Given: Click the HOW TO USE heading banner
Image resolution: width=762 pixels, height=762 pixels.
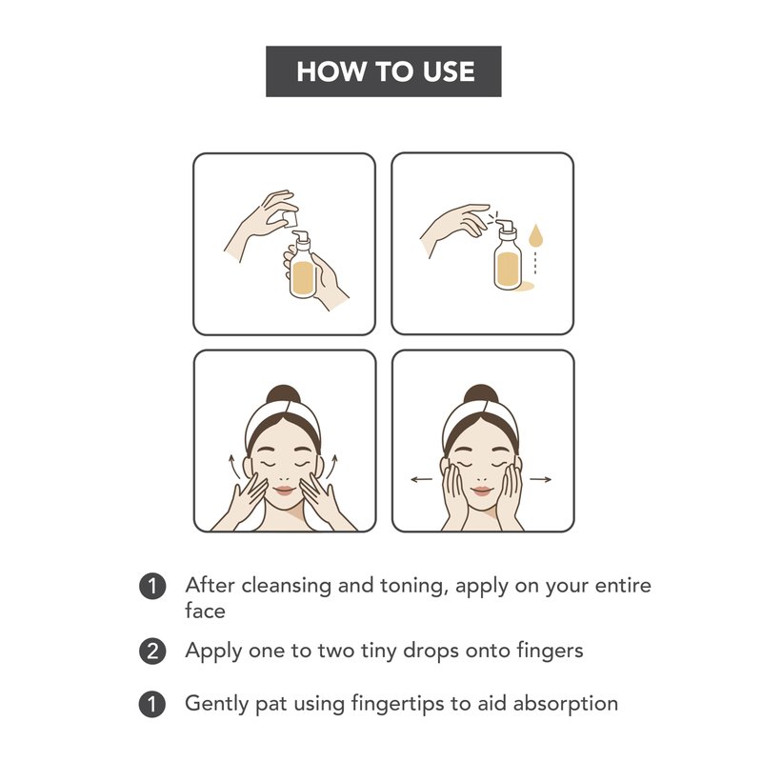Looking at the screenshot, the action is click(x=384, y=71).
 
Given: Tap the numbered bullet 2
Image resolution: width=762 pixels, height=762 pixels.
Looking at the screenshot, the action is click(x=152, y=652).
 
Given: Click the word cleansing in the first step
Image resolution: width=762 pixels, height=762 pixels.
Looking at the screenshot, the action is click(x=287, y=586).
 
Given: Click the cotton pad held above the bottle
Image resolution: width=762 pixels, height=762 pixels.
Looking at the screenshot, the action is click(x=290, y=218).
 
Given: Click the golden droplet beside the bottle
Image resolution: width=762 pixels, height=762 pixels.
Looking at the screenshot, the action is click(x=535, y=234).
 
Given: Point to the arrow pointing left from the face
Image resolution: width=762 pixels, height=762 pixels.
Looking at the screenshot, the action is click(x=421, y=480).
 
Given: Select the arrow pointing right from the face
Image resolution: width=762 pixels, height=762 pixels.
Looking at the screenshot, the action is click(x=540, y=480).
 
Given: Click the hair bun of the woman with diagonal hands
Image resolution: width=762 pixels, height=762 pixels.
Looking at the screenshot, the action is click(x=283, y=394).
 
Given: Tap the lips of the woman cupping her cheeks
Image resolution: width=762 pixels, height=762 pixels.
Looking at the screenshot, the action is click(x=482, y=491).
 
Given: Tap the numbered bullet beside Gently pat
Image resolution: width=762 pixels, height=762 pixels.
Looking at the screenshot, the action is click(x=152, y=704).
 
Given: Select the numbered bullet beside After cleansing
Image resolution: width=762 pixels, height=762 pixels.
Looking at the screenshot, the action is click(x=152, y=586).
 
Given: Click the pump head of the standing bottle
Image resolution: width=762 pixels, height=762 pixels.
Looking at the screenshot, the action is click(x=505, y=225).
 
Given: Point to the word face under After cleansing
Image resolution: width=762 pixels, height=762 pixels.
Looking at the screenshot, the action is click(x=205, y=611).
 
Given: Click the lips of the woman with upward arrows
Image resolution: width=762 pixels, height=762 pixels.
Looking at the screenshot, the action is click(x=284, y=491).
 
